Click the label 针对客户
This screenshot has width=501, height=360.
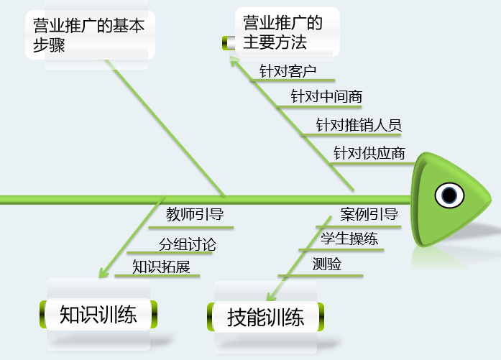point(288,71)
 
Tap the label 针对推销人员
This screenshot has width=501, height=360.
point(359,125)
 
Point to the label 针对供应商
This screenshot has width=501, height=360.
point(369,153)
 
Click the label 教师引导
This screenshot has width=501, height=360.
point(195,213)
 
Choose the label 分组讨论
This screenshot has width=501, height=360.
point(187,244)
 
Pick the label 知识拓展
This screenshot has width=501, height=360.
point(162,267)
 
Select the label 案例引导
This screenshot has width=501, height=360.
point(369,214)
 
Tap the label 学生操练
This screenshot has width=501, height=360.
point(349,239)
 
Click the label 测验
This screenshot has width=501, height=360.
point(327,264)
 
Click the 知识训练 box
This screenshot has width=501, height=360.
point(98,315)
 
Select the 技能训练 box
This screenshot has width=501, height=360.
point(266,317)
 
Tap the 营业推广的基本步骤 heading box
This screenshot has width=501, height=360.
point(89,35)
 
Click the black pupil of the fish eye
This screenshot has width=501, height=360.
point(450,195)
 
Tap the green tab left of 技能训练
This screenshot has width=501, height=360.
point(213,317)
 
